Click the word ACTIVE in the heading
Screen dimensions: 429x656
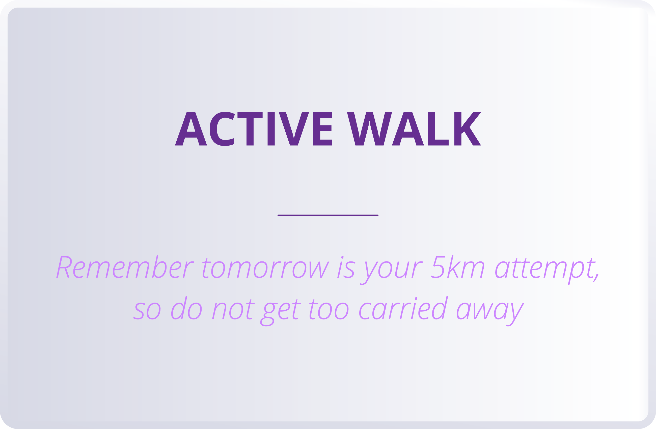(x=254, y=129)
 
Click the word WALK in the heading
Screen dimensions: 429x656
(x=414, y=129)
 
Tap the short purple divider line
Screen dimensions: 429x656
(x=328, y=215)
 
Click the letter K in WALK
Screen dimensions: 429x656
(x=467, y=129)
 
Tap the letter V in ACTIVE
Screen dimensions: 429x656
(x=294, y=129)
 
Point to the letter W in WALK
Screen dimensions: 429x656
(x=369, y=129)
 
